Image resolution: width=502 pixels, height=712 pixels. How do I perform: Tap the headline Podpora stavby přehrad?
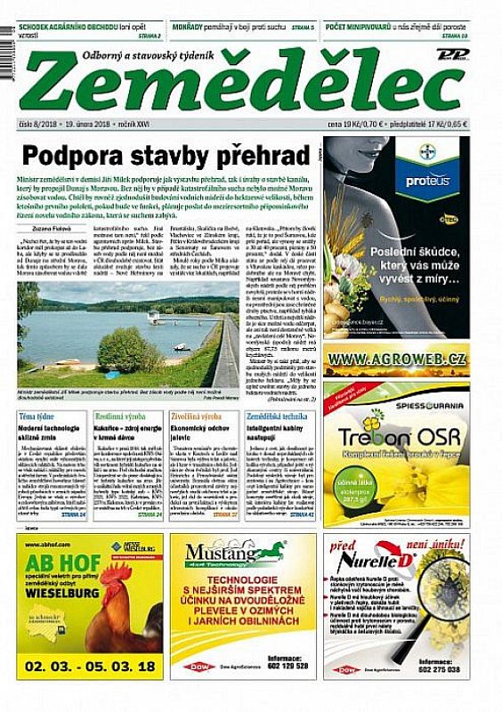165,155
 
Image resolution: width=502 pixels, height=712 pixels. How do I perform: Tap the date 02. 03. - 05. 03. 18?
90,665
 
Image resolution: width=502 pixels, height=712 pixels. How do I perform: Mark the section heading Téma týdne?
37,417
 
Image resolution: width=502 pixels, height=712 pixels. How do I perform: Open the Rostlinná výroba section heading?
122,417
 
